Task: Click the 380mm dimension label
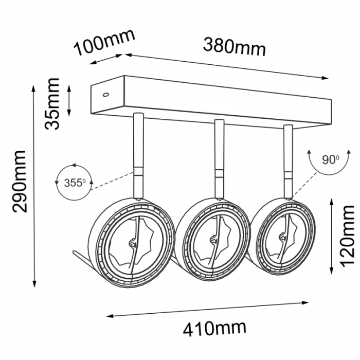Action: [x=235, y=47]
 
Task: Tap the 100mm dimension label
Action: [x=104, y=42]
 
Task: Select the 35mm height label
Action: [x=52, y=104]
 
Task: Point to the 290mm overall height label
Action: [x=20, y=182]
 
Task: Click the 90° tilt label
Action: [x=330, y=159]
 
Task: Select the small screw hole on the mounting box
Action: [x=105, y=94]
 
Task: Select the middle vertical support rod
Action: [x=219, y=158]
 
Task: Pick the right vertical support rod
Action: [x=288, y=161]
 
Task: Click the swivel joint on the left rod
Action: [x=138, y=171]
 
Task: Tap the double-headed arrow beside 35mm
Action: [x=69, y=101]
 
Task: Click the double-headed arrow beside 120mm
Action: [x=331, y=237]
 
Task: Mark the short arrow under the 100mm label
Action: [x=106, y=59]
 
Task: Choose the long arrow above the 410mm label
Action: [x=207, y=310]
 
